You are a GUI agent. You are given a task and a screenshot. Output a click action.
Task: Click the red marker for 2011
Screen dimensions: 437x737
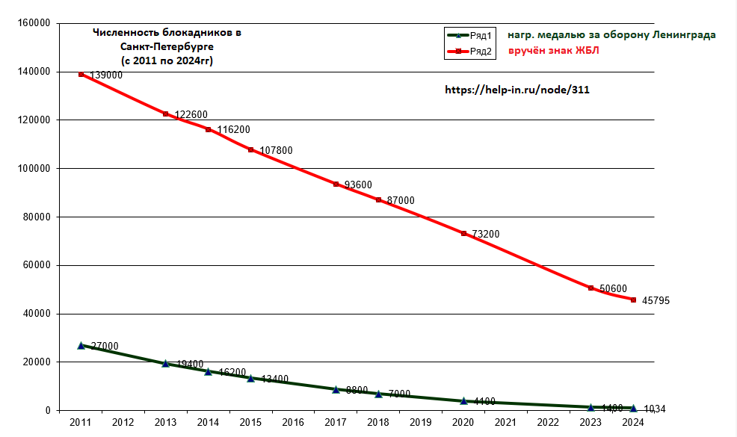click(x=81, y=74)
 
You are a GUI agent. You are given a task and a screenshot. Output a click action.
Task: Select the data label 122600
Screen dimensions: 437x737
click(x=191, y=115)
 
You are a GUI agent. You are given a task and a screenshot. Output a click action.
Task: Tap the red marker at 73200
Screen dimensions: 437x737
click(x=463, y=234)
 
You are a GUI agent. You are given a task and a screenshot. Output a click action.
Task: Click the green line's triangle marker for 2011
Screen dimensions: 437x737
click(x=81, y=345)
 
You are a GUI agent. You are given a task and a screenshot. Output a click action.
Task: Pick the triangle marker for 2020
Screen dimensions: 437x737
click(x=463, y=400)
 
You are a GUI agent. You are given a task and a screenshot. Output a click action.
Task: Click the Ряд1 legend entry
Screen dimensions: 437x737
click(x=469, y=36)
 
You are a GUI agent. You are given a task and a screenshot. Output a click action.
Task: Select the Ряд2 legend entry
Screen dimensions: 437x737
click(x=469, y=52)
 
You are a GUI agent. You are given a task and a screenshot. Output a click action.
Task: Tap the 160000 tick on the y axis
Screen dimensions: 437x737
click(x=34, y=23)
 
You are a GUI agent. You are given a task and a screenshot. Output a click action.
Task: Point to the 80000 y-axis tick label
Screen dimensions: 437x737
click(x=36, y=217)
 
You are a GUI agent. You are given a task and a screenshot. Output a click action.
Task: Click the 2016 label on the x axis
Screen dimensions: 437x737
click(x=293, y=423)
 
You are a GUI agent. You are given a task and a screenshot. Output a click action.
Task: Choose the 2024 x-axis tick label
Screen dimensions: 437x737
click(x=633, y=423)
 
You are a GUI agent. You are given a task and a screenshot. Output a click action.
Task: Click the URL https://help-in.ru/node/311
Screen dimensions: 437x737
click(x=517, y=89)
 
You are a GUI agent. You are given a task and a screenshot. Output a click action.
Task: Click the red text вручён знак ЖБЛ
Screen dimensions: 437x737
click(x=554, y=51)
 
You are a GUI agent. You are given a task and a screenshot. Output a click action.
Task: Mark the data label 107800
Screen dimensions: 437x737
click(x=276, y=150)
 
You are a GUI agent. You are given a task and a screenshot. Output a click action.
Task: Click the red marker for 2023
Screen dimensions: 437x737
click(x=590, y=288)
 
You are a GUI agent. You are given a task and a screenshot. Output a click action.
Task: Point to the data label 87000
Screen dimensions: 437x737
click(x=399, y=200)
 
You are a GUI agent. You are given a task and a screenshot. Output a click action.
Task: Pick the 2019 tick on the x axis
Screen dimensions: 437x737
click(x=421, y=423)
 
